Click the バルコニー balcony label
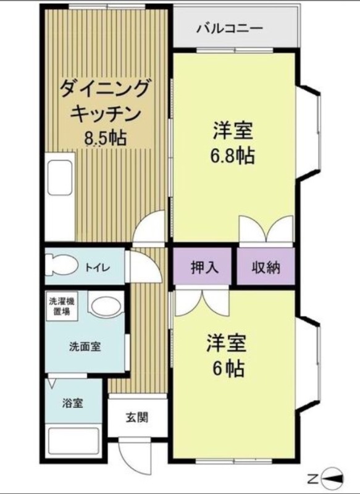230,29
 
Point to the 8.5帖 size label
105,138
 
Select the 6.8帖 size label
232,155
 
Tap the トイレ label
97,267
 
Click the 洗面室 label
85,346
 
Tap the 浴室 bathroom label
72,404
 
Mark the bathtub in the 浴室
72,441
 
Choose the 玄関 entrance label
137,417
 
